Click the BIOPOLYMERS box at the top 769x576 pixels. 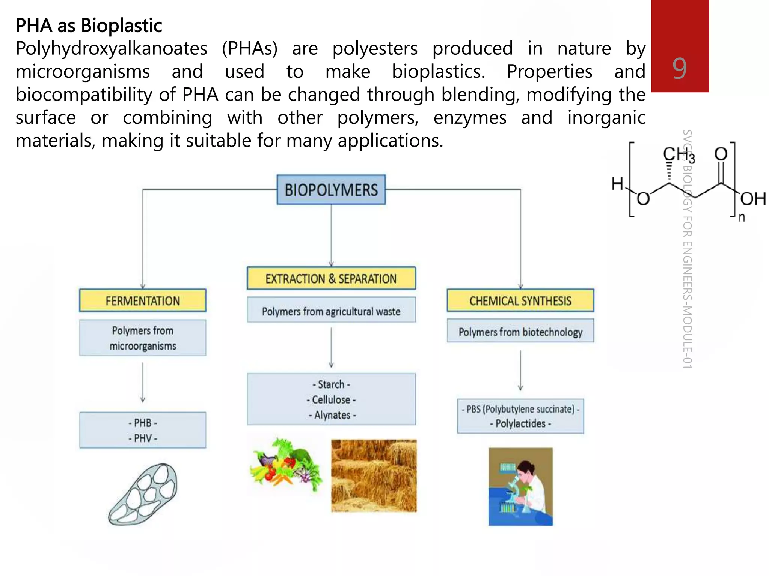tap(331, 190)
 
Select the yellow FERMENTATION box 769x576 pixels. tap(143, 301)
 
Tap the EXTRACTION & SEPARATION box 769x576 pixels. tap(331, 279)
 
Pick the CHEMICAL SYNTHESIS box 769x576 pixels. tap(520, 301)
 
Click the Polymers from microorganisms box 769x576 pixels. tap(143, 338)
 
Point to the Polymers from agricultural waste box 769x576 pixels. tap(331, 311)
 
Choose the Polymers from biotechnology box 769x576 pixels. tap(520, 331)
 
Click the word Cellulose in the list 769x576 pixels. tap(331, 400)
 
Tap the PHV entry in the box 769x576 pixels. tap(143, 438)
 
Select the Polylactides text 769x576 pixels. tap(520, 423)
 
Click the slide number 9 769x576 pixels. tap(679, 69)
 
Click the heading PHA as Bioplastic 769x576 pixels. tap(89, 25)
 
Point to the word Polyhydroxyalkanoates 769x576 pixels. tap(112, 49)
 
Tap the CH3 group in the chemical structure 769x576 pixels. tap(678, 154)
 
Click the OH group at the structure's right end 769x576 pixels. tap(753, 198)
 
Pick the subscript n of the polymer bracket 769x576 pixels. tap(742, 217)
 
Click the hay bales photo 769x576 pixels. tap(374, 475)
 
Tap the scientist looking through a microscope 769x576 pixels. tap(520, 487)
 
